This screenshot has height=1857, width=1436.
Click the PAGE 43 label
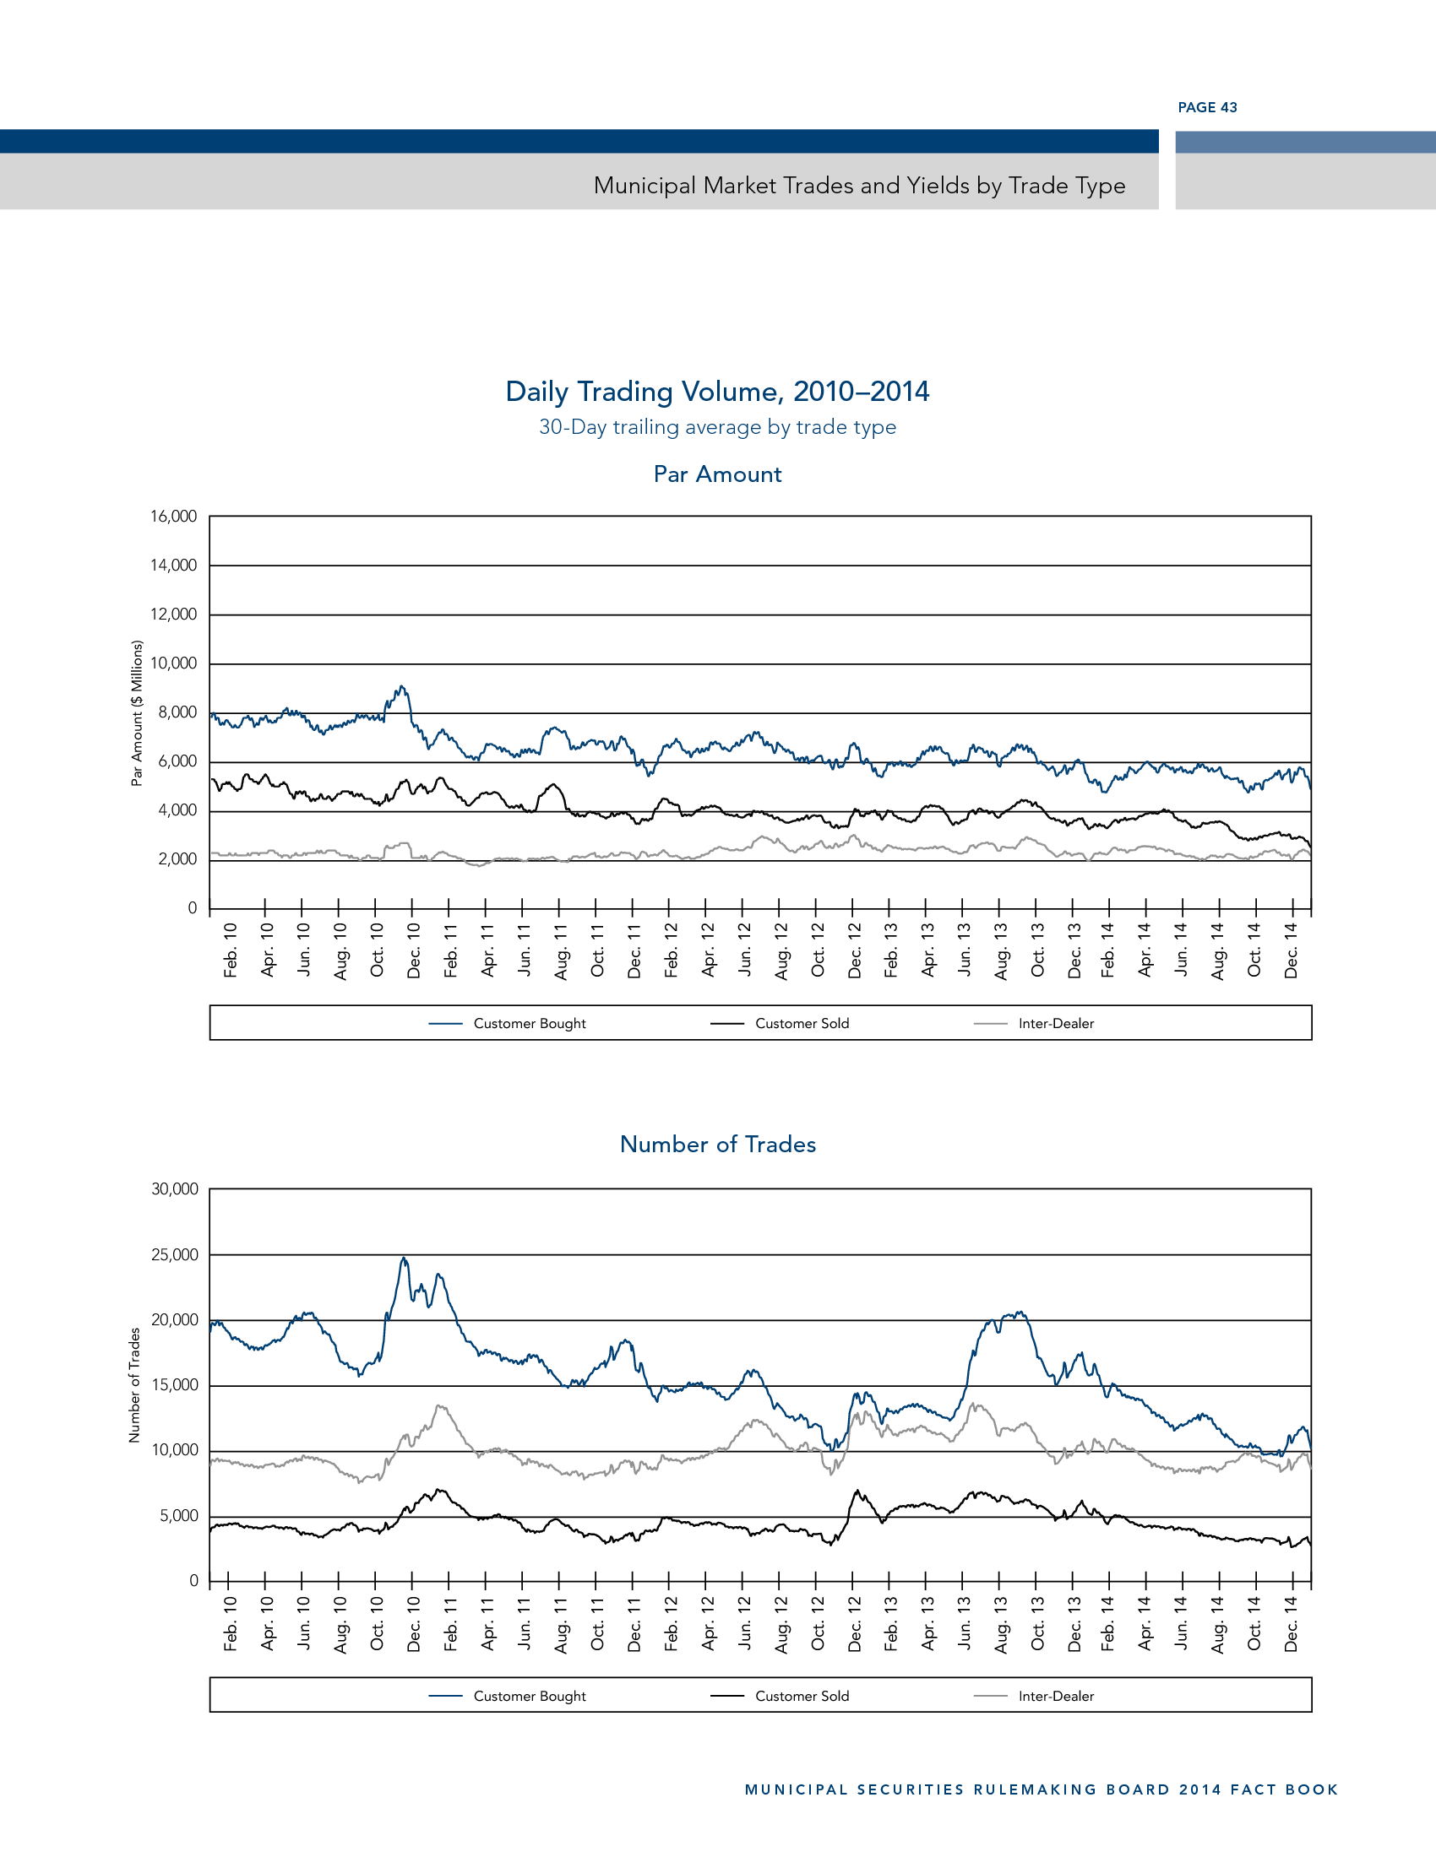(1207, 107)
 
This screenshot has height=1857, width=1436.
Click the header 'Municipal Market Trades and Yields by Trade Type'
(859, 186)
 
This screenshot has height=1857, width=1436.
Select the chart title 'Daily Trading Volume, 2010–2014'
(717, 391)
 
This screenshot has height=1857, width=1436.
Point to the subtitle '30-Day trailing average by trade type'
(717, 427)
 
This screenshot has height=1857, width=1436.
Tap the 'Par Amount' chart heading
(717, 474)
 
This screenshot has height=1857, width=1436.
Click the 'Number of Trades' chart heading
(717, 1145)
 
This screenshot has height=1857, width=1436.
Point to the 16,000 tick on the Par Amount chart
(173, 516)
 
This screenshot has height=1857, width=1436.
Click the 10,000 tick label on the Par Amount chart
(173, 663)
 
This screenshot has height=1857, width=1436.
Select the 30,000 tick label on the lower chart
(174, 1188)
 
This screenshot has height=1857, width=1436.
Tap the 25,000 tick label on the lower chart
(174, 1254)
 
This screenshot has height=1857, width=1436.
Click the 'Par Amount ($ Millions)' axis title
(136, 712)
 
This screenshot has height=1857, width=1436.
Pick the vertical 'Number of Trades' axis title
(134, 1384)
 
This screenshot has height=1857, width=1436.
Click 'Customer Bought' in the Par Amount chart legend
(529, 1023)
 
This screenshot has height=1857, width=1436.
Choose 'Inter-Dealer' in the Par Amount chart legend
(1056, 1023)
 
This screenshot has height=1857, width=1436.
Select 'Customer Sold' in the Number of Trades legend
(802, 1696)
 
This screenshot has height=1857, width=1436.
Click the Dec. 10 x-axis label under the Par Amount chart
(414, 950)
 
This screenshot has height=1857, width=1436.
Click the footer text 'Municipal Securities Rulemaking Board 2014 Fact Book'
(1042, 1789)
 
